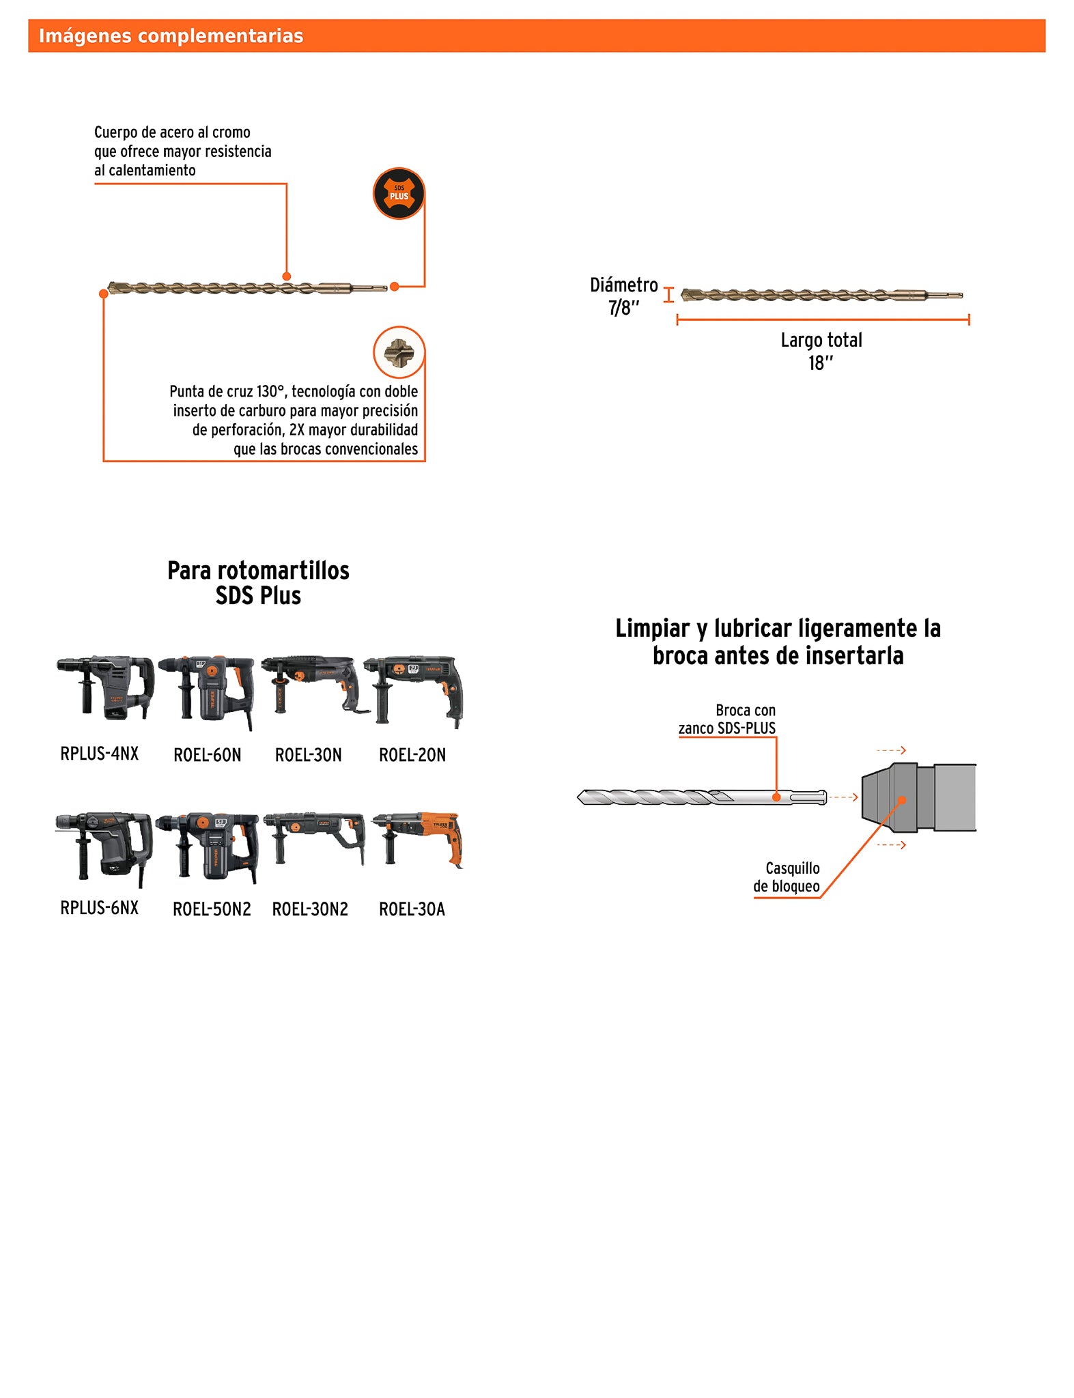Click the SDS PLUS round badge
pos(399,193)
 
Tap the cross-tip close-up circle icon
pos(399,352)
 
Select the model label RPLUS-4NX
pos(100,754)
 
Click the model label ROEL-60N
pos(208,755)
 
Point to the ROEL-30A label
pos(412,909)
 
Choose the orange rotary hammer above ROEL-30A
pos(419,838)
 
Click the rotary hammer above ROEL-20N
pos(414,689)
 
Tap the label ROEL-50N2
pos(212,909)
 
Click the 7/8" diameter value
pos(623,309)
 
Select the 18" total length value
pos(820,363)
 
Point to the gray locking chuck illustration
pos(918,797)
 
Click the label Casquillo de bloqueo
pos(787,877)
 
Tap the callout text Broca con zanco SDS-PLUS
pos(728,719)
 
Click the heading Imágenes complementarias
pos(171,36)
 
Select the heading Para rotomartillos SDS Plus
pos(258,583)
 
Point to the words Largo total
pos(821,340)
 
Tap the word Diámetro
pos(623,285)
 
